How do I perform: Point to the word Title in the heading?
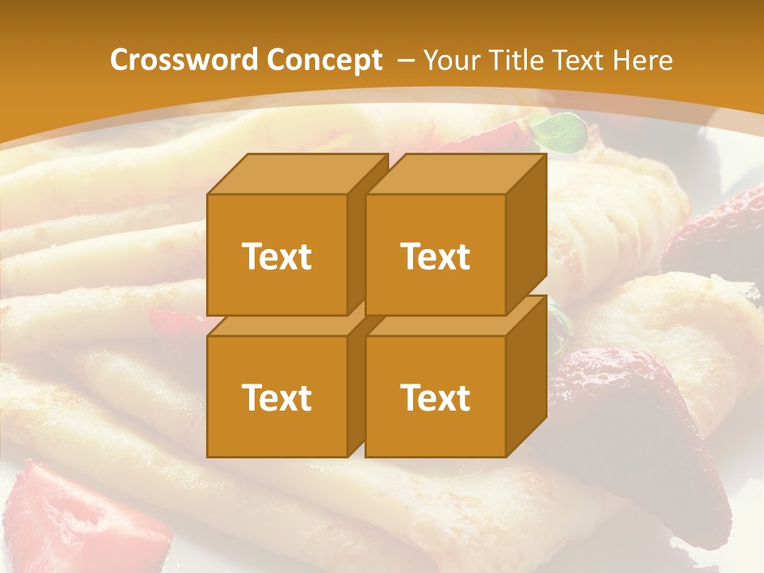(x=516, y=60)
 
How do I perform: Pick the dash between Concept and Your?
(x=404, y=60)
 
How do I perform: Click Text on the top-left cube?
(x=276, y=256)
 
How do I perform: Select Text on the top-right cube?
(x=435, y=256)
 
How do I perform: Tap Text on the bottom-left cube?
(x=276, y=397)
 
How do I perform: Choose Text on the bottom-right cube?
(x=435, y=397)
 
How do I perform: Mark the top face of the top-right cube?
(x=455, y=173)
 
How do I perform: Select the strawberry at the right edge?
(x=716, y=231)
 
